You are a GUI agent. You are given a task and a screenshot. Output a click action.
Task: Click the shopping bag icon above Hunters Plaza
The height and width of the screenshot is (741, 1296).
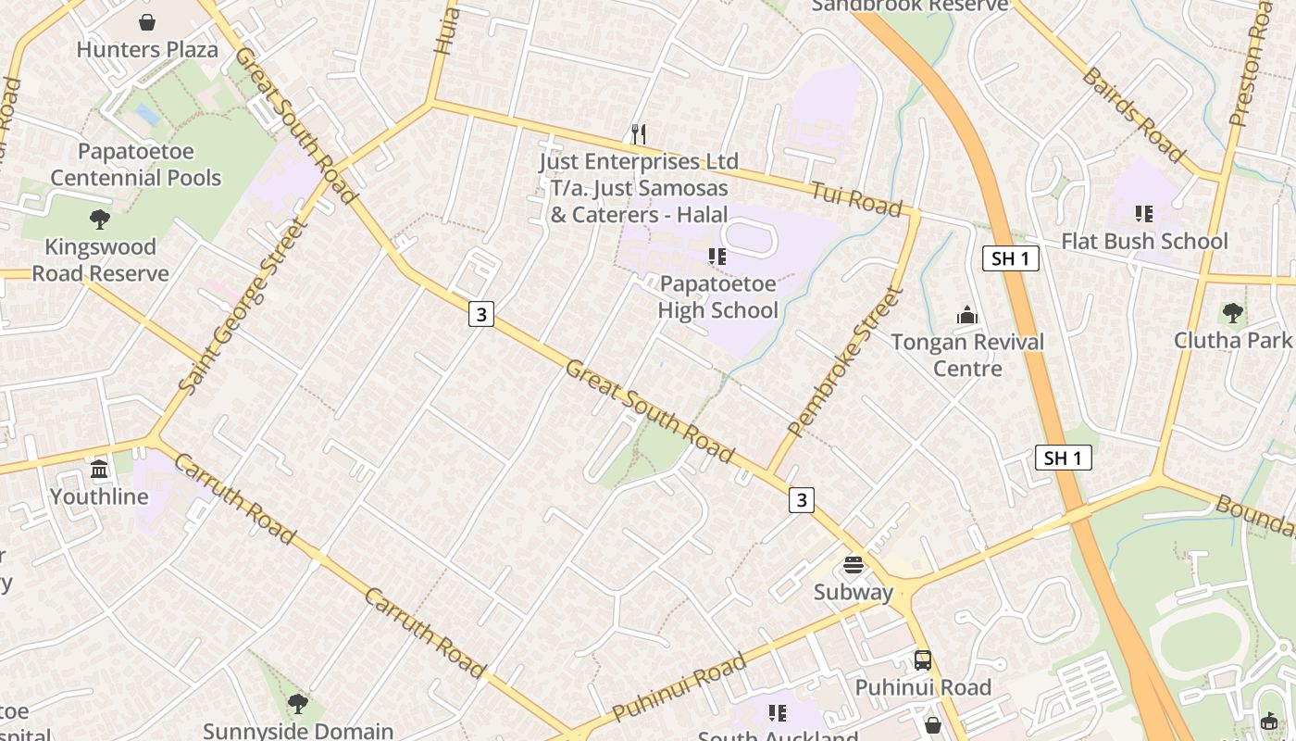(147, 22)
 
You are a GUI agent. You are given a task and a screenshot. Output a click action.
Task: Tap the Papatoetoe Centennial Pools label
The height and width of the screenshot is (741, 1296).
(136, 165)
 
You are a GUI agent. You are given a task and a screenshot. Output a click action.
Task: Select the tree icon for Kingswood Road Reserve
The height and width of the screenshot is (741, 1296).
(100, 220)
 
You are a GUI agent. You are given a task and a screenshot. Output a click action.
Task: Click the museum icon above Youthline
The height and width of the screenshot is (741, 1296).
(99, 470)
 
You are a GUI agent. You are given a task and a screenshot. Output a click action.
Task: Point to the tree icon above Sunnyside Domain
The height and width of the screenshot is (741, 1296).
(297, 704)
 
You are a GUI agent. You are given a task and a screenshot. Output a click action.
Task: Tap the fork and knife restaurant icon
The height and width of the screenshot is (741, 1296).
(638, 133)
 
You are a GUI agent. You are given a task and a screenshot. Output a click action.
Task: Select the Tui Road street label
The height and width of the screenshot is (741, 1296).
(856, 199)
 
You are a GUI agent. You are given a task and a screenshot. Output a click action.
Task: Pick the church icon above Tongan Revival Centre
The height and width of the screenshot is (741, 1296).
(967, 315)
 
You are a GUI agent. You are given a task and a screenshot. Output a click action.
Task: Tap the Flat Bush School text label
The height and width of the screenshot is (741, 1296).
(1144, 242)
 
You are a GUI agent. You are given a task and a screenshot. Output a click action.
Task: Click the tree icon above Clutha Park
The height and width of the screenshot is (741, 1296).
(1232, 312)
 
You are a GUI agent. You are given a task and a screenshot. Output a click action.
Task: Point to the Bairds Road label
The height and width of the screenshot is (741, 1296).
(1133, 114)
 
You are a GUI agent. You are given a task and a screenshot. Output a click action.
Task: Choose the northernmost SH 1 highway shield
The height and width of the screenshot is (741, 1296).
(1010, 258)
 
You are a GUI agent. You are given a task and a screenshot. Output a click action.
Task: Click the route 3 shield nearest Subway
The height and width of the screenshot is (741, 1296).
(801, 500)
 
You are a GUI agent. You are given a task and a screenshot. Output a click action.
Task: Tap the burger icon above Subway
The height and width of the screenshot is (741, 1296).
(854, 565)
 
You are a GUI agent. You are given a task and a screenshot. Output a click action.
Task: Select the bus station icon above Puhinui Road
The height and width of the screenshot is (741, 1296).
(923, 660)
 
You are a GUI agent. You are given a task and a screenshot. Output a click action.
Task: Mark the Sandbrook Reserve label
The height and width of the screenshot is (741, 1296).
(909, 6)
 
